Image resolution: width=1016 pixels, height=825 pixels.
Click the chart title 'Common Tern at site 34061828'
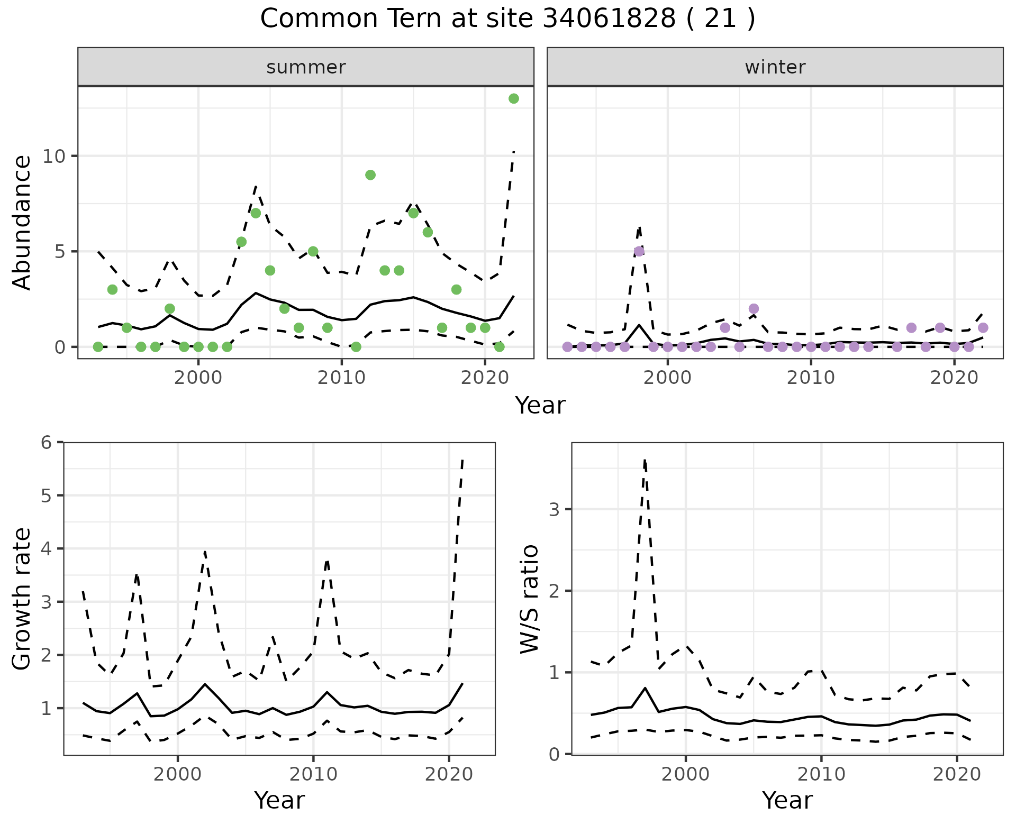507,19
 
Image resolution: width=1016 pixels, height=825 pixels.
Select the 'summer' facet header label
306,67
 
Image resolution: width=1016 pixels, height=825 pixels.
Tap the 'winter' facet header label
775,67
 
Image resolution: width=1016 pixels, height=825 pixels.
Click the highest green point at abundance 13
513,99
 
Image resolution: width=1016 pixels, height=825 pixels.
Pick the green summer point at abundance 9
370,175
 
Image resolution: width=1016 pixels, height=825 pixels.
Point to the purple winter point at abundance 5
639,251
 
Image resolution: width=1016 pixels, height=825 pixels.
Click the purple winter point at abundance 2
754,309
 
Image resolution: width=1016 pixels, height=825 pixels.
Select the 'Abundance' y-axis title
22,223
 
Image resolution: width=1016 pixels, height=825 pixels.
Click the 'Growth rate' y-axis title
22,599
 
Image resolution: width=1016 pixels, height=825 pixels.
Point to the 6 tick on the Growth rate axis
47,442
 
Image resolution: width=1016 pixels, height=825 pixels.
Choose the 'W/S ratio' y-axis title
530,599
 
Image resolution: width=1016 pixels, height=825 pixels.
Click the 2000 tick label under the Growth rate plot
178,775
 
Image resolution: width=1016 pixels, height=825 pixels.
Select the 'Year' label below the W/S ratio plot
787,801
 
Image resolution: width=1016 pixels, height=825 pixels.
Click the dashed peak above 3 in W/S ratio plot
645,461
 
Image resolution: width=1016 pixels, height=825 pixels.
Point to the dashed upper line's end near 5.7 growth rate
462,460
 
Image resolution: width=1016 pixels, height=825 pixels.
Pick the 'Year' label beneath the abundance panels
540,406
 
